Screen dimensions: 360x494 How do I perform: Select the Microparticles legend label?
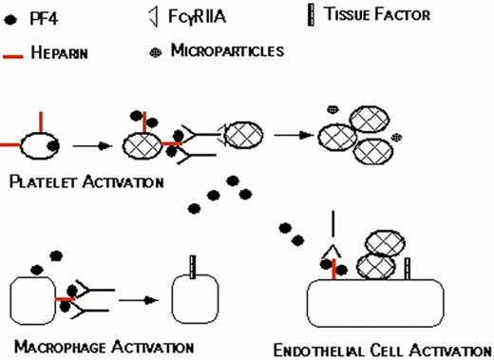[227, 48]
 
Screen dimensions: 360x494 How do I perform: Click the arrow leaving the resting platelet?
[93, 146]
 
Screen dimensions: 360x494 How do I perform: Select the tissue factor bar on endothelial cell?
[408, 268]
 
